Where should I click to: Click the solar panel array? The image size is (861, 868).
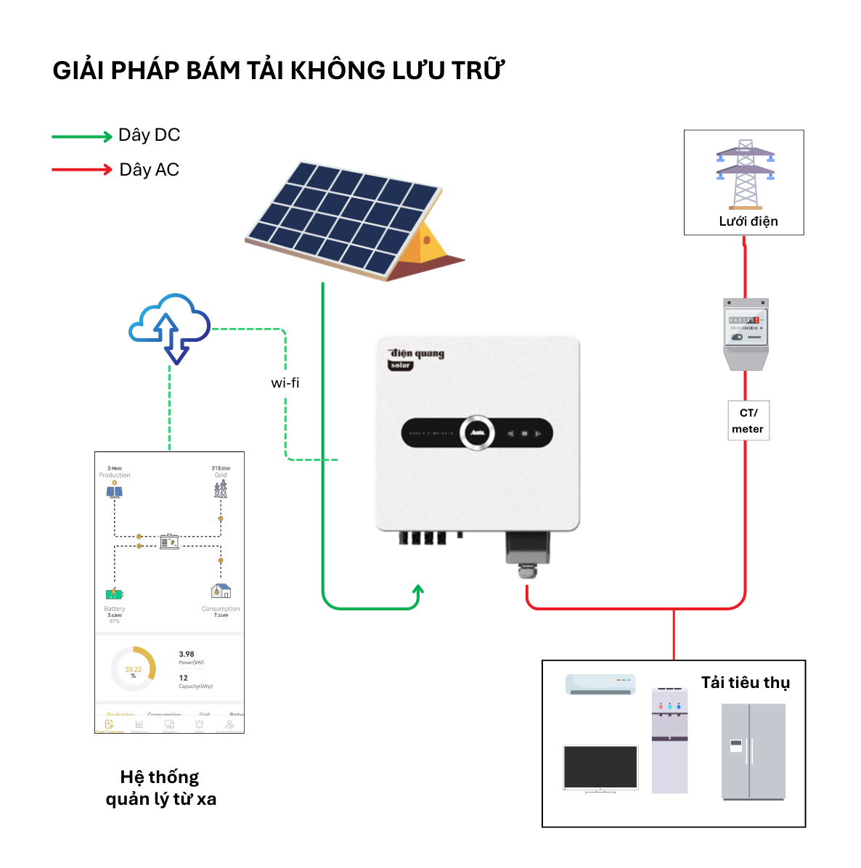pos(345,218)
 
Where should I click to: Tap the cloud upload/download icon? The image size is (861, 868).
pos(169,327)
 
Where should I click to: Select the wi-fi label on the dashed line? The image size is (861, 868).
pos(285,383)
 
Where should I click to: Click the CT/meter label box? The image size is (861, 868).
pos(748,420)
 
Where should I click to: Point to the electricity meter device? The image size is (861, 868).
pos(746,333)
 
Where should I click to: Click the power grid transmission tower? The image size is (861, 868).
pos(745,174)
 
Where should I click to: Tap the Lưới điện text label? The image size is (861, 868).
pos(748,221)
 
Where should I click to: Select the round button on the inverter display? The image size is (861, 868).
pos(476,433)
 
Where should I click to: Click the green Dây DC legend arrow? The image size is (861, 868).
pos(81,136)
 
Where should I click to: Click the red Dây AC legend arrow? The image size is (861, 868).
pos(81,170)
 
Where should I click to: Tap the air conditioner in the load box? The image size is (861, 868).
pos(600,684)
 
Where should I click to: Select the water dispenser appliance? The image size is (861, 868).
pos(669,740)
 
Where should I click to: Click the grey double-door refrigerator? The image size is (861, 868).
pos(753,751)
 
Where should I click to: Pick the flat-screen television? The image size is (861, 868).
pos(600,768)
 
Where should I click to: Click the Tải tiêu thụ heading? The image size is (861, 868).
pos(745,682)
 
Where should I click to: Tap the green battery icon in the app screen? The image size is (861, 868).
pos(114,594)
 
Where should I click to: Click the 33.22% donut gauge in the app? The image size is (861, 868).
pos(134,668)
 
